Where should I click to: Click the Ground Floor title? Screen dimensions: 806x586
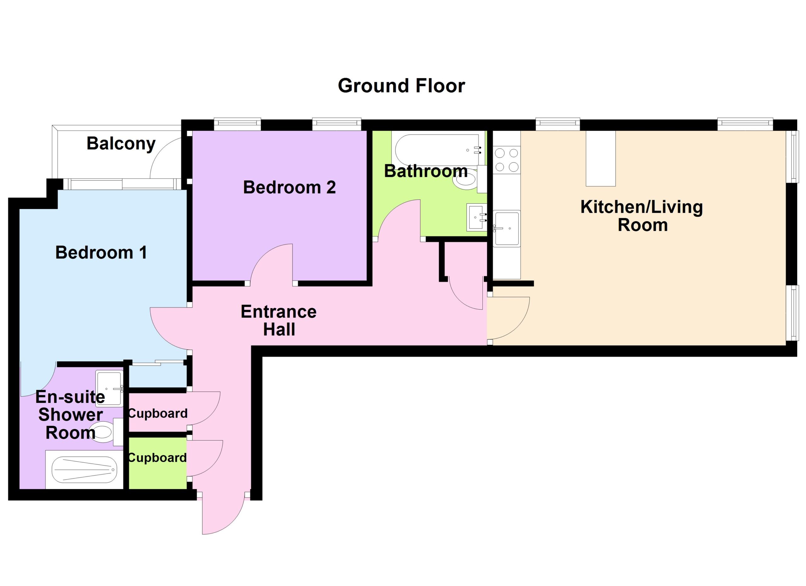click(x=401, y=86)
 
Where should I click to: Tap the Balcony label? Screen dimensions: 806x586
click(x=121, y=144)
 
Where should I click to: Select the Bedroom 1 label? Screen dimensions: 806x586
click(x=101, y=252)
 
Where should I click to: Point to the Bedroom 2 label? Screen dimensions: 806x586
click(x=289, y=187)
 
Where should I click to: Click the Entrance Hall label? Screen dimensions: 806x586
click(x=279, y=320)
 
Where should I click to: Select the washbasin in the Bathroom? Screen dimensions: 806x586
click(x=477, y=217)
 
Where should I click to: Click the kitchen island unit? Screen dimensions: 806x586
click(x=601, y=158)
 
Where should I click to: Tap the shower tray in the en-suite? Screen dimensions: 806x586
click(x=84, y=470)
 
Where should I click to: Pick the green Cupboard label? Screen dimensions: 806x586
click(x=157, y=458)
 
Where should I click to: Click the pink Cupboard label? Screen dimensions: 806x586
click(x=157, y=414)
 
